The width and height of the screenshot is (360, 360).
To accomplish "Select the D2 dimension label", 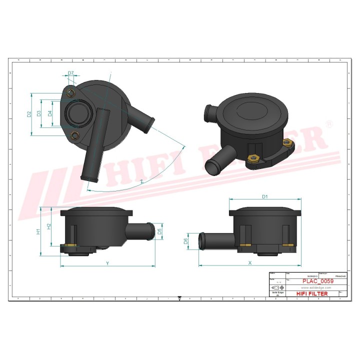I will (29, 114).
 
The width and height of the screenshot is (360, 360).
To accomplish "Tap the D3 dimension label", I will (40, 114).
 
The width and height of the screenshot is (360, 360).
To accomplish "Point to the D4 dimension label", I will (50, 114).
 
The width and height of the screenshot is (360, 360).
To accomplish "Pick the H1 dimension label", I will (38, 231).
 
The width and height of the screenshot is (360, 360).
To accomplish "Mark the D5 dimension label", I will (159, 231).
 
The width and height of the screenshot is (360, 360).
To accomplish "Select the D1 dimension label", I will (265, 196).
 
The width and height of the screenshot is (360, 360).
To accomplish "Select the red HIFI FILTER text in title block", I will (312, 293).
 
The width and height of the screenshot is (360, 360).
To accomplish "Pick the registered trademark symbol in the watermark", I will (329, 123).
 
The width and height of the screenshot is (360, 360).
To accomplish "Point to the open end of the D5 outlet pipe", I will (152, 231).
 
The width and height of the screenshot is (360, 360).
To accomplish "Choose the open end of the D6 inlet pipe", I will (201, 240).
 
